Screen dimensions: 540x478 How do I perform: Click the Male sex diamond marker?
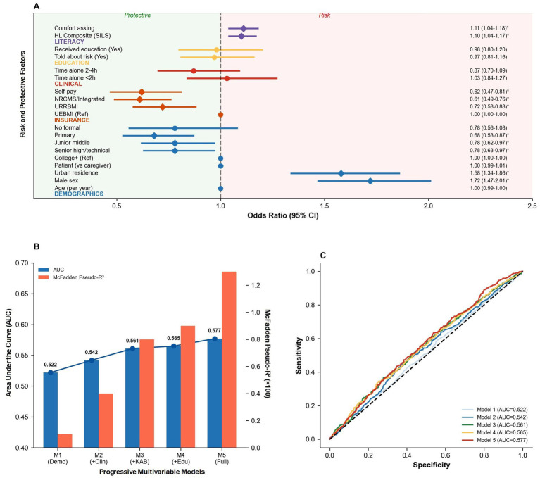click(x=370, y=181)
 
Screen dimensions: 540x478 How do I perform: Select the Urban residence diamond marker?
click(x=341, y=173)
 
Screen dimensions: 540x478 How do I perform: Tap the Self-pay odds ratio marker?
click(x=142, y=92)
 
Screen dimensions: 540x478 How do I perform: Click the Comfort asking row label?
click(x=75, y=28)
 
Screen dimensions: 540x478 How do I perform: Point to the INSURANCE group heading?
click(x=72, y=120)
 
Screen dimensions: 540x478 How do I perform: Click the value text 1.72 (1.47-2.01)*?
click(x=489, y=180)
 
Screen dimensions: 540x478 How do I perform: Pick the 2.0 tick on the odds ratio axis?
click(x=428, y=206)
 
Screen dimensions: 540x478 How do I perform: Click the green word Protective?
click(x=137, y=15)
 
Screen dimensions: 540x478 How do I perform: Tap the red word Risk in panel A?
click(x=325, y=15)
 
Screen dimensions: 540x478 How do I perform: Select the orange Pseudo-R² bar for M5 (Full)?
click(x=229, y=360)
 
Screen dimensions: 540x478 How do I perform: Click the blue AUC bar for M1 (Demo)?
click(x=51, y=410)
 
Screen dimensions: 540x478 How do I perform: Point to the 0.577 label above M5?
click(x=214, y=331)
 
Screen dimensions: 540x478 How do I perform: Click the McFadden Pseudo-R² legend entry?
click(x=71, y=277)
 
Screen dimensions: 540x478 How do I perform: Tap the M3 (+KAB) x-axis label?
click(x=132, y=458)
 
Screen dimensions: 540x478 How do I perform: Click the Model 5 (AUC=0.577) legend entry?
click(x=494, y=440)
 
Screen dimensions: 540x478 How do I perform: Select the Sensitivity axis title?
click(x=299, y=356)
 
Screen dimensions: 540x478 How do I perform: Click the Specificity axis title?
click(x=432, y=465)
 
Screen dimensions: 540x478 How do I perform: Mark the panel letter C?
click(x=322, y=256)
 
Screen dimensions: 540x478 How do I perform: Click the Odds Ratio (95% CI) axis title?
click(x=283, y=215)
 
